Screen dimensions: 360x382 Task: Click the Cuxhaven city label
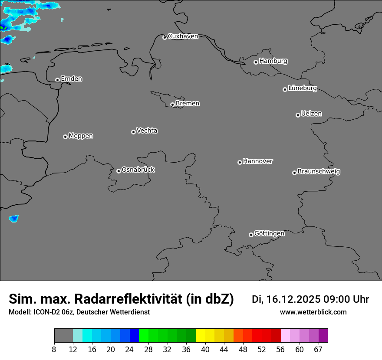tap(183, 36)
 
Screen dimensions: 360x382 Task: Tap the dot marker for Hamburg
tap(256, 62)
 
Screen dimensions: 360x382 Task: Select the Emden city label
tap(71, 79)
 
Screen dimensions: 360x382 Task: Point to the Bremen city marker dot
tap(172, 105)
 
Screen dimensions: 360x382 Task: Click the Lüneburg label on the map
tap(302, 88)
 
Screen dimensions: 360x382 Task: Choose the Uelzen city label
tap(311, 114)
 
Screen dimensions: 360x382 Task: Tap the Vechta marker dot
tap(133, 132)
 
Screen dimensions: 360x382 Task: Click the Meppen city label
tap(81, 136)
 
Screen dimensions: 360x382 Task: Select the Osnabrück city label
tap(138, 170)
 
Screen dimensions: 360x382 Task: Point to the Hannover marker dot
tap(240, 162)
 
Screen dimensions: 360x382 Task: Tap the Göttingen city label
tap(269, 233)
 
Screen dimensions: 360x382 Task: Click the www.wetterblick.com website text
tap(313, 312)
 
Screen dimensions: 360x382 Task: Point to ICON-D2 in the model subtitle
tap(46, 312)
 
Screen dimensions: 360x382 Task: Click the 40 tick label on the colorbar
tap(205, 350)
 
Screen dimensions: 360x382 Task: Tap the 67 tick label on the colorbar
tap(318, 350)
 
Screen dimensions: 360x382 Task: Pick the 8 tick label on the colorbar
tap(54, 350)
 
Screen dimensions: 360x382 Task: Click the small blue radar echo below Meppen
tap(14, 219)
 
